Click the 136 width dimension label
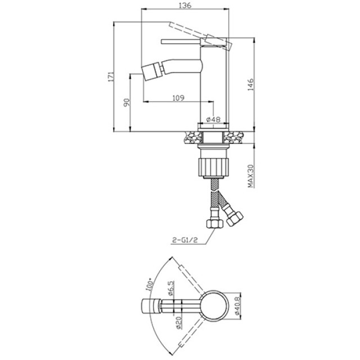click(185, 5)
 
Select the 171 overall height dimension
click(111, 76)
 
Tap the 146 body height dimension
click(251, 84)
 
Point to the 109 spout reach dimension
click(178, 98)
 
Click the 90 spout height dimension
click(127, 102)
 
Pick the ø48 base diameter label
click(213, 119)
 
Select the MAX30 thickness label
click(251, 176)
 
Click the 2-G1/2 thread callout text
click(185, 240)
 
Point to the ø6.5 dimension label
click(171, 288)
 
